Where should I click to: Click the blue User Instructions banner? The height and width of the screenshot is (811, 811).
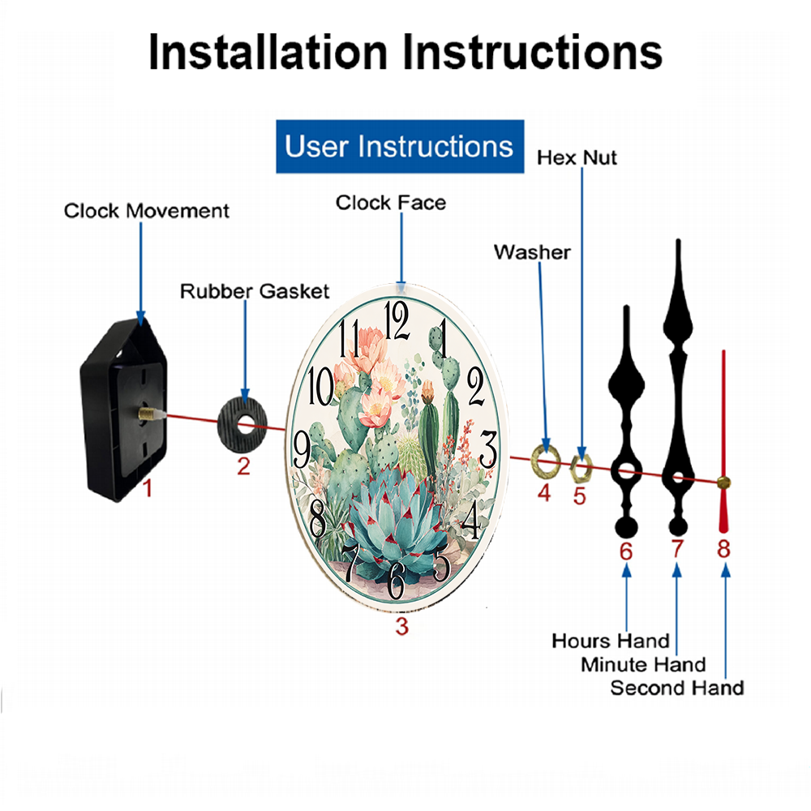pos(400,146)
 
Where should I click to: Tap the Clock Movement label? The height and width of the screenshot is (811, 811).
pos(146,211)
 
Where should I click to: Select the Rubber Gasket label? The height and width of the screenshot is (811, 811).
pos(255,291)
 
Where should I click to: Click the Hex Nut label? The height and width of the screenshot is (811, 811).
pos(577,158)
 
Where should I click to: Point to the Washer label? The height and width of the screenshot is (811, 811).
pos(532,252)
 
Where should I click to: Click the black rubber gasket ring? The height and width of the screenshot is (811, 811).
pos(229,425)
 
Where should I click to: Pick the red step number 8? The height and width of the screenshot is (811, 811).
pos(723,549)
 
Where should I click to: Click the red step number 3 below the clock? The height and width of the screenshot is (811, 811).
pos(402,626)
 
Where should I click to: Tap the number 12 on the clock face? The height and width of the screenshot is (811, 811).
pos(397,321)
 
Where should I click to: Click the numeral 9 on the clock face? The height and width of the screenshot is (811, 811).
pos(302,450)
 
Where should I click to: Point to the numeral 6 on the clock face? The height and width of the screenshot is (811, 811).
pos(396,581)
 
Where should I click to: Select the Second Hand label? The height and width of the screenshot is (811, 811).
pos(677,689)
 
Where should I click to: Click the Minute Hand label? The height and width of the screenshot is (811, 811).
pos(643,665)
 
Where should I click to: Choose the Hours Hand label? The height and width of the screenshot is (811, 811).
pos(611,642)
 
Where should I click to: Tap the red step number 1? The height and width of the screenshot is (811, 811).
pos(148,488)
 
